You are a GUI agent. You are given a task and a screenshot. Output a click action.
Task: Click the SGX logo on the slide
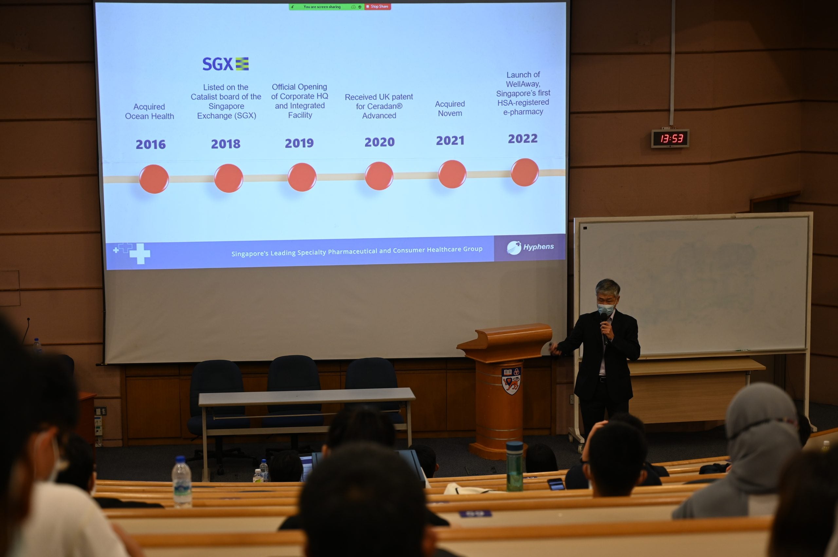(226, 64)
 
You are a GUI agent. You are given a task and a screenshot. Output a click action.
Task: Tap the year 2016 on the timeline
(151, 144)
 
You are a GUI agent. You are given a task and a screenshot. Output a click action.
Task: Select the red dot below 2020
(379, 176)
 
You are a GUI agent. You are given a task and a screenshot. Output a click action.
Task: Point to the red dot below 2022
(525, 172)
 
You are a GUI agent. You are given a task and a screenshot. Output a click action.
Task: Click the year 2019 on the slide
(300, 143)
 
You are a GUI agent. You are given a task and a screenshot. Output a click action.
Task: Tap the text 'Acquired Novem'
(450, 109)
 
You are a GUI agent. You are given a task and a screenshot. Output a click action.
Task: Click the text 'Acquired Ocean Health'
(149, 112)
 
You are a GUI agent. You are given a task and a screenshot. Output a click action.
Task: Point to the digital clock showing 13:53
(670, 138)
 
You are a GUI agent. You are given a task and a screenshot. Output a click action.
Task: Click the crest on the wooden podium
(511, 381)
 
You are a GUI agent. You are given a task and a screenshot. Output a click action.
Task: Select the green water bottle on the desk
(515, 466)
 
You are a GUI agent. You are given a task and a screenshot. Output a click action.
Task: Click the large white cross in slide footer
(140, 253)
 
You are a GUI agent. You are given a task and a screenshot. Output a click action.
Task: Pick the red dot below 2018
(228, 178)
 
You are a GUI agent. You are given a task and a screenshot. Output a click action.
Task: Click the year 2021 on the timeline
(450, 141)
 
